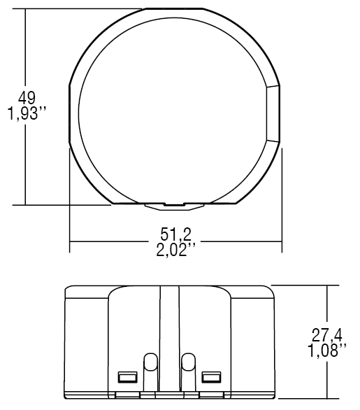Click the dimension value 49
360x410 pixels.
click(27, 98)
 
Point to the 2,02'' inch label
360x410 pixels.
click(175, 250)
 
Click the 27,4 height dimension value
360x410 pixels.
click(327, 335)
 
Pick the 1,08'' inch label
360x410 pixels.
click(327, 351)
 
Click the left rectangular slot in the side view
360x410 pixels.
click(127, 377)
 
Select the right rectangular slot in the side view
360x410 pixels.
click(211, 377)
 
